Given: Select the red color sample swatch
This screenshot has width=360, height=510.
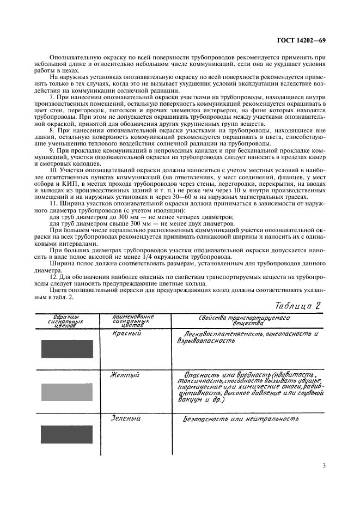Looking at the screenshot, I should pyautogui.click(x=67, y=349).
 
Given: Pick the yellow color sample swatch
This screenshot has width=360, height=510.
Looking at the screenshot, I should pyautogui.click(x=67, y=392).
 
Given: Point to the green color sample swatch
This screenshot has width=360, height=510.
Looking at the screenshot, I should pyautogui.click(x=67, y=435).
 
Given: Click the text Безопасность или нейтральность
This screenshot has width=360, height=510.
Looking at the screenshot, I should pyautogui.click(x=241, y=419).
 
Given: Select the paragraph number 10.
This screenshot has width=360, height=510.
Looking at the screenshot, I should pyautogui.click(x=53, y=171).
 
